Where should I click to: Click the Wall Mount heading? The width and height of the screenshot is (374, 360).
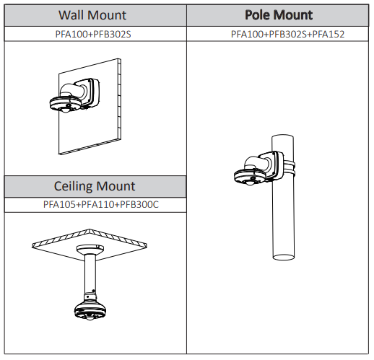point(92,15)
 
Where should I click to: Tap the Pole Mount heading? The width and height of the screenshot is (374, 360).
point(279,15)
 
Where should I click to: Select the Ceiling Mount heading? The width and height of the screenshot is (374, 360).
point(95,186)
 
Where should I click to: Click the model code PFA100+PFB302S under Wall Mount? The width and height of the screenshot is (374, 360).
point(93,34)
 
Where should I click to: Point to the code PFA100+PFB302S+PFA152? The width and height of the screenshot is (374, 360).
point(287,34)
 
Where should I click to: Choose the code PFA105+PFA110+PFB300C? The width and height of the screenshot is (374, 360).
point(101,204)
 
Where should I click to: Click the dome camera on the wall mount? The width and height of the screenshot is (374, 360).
point(65,105)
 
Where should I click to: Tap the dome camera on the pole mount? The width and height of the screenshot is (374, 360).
point(249,177)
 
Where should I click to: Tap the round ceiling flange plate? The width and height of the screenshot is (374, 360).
point(90,249)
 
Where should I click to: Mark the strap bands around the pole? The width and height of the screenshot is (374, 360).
point(290,167)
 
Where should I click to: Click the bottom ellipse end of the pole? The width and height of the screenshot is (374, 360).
point(284,257)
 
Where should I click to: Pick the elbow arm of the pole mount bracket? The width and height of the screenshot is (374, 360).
point(256,163)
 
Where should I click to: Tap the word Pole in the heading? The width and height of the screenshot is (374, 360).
point(257,15)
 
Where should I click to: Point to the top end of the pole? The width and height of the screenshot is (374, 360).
point(282,136)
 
